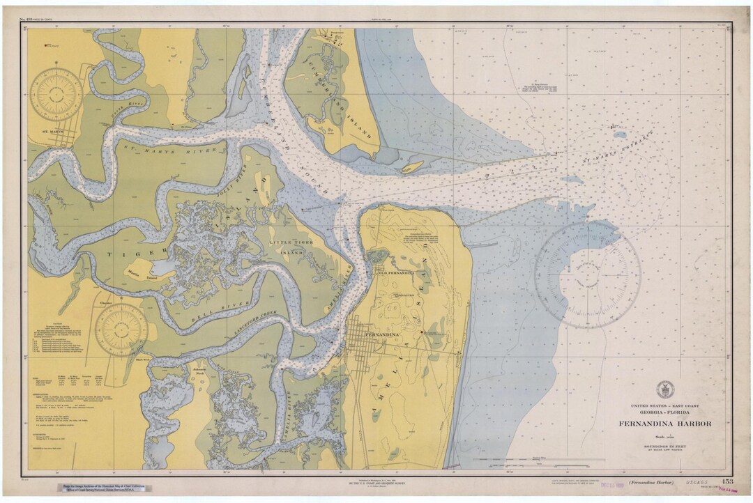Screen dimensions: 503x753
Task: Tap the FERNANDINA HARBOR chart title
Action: coord(664,423)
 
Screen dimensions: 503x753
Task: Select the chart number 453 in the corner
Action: coord(727,481)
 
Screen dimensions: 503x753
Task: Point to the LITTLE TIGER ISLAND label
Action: coord(288,245)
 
